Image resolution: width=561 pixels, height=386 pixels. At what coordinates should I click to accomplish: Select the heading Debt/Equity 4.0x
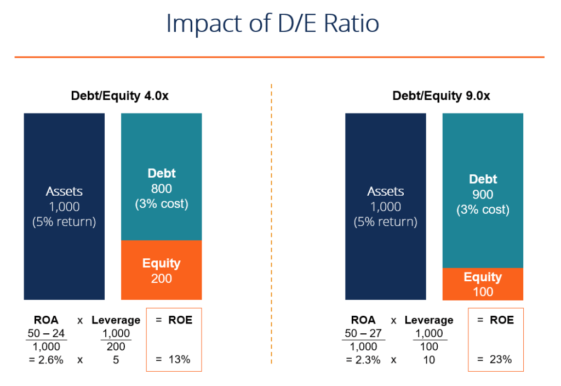point(119,95)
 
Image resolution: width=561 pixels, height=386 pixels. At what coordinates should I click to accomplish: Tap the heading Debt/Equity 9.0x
point(441,95)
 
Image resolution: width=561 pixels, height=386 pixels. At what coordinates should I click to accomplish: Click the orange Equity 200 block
point(161,270)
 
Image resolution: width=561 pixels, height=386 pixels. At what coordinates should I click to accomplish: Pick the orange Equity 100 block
point(483,284)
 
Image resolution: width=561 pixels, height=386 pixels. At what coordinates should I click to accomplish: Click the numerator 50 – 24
point(47,333)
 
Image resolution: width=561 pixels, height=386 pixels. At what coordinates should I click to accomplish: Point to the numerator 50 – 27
point(364,333)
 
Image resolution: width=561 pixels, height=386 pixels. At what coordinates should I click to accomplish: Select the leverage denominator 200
point(116,347)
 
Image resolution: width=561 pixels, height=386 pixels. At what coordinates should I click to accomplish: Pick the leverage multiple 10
point(429,360)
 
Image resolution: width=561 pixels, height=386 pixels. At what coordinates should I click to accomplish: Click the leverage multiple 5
point(116,360)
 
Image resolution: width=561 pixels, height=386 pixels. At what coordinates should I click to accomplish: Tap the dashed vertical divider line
point(272,219)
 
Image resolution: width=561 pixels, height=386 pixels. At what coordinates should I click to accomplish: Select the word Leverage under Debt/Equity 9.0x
point(429,320)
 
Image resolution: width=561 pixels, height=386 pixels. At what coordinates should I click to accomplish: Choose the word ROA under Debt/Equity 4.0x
point(46,320)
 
